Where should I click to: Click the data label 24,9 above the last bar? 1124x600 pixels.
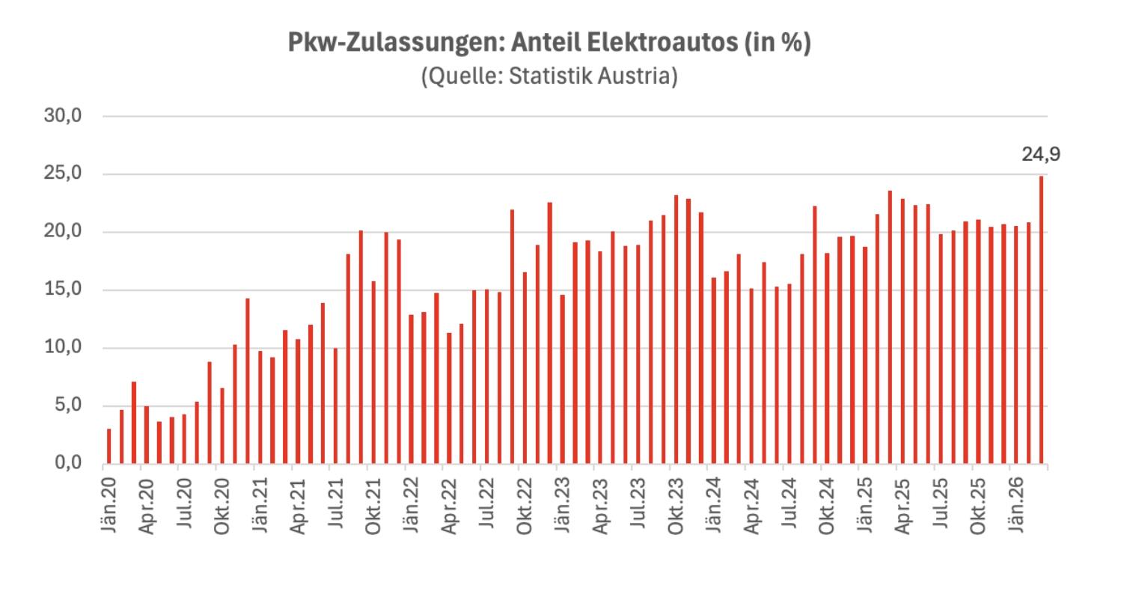(x=1040, y=155)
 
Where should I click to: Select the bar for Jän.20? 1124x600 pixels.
(x=109, y=446)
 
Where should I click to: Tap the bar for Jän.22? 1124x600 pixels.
(x=411, y=389)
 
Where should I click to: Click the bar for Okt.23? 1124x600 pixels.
(x=676, y=329)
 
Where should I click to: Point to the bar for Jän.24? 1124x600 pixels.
(x=713, y=370)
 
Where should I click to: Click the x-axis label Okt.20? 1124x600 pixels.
(x=221, y=503)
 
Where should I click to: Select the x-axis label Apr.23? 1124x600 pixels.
(x=599, y=503)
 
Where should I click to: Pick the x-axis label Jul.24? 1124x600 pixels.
(x=789, y=503)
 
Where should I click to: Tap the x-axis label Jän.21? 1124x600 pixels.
(x=259, y=503)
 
